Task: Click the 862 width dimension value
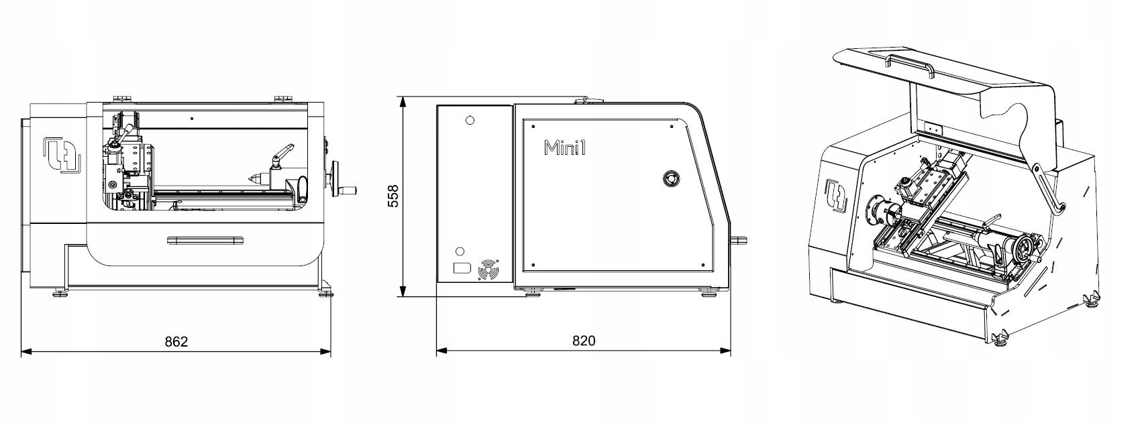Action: tap(176, 341)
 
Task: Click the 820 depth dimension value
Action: tap(583, 341)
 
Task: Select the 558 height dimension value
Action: tap(393, 196)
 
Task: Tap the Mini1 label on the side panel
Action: tap(565, 147)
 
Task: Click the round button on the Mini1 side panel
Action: tap(670, 178)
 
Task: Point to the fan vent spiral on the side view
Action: tap(488, 271)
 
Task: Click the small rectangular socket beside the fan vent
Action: tap(462, 268)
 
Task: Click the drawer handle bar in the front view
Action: tap(205, 239)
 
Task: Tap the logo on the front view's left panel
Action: tap(62, 155)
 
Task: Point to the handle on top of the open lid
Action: tap(908, 67)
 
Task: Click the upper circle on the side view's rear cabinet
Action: tap(470, 121)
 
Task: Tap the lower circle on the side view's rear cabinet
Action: tap(460, 251)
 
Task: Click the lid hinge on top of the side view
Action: tap(589, 100)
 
